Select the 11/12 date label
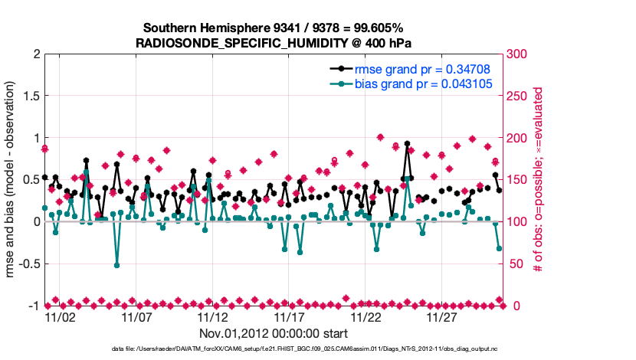pos(213,316)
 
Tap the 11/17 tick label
pos(290,316)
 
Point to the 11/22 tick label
pos(366,316)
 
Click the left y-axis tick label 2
pos(35,54)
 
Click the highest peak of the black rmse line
pos(406,143)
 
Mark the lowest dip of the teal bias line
pos(117,265)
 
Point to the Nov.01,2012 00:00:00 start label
pos(274,333)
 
